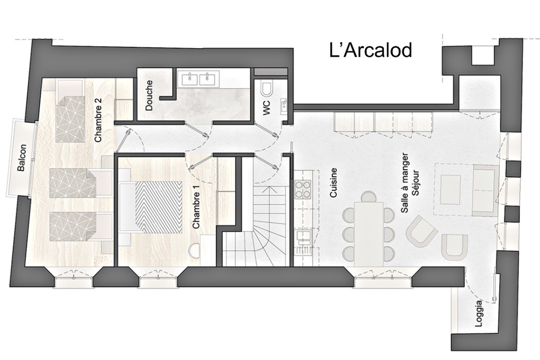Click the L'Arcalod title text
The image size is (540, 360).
(x=370, y=51)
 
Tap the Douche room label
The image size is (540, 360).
(x=149, y=95)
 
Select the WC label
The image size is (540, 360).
(x=266, y=108)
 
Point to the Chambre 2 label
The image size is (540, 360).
(x=99, y=120)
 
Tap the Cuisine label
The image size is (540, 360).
(x=333, y=183)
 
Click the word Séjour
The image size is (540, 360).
(x=415, y=183)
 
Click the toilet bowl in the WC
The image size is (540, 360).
(x=266, y=90)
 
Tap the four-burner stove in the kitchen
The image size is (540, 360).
(x=303, y=189)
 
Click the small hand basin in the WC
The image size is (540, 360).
(x=284, y=106)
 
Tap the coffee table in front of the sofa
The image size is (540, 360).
(x=450, y=189)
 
